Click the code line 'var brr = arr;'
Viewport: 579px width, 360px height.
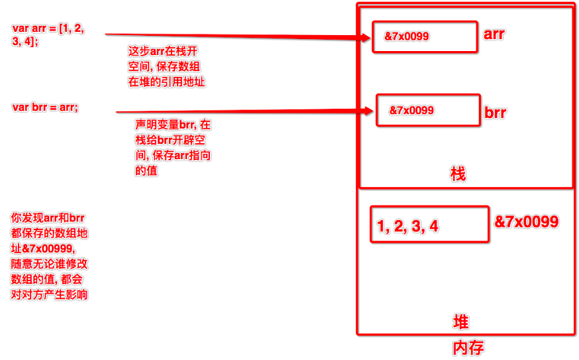pyautogui.click(x=45, y=107)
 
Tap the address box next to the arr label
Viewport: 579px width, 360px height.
pyautogui.click(x=425, y=37)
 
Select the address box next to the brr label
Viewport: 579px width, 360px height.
pyautogui.click(x=428, y=110)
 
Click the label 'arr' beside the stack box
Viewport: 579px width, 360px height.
pyautogui.click(x=494, y=33)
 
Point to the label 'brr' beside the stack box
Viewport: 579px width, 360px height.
pyautogui.click(x=495, y=113)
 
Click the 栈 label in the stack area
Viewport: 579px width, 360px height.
pyautogui.click(x=458, y=174)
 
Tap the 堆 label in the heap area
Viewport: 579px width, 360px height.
pyautogui.click(x=460, y=322)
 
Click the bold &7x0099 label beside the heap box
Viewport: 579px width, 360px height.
pyautogui.click(x=527, y=221)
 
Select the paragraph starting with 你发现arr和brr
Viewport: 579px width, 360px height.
pyautogui.click(x=49, y=256)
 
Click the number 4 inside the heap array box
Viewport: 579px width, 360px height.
pyautogui.click(x=434, y=227)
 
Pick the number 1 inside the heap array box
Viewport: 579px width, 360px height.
pyautogui.click(x=382, y=227)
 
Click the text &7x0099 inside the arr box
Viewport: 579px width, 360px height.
pyautogui.click(x=407, y=37)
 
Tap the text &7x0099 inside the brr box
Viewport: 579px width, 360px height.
pyautogui.click(x=411, y=110)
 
